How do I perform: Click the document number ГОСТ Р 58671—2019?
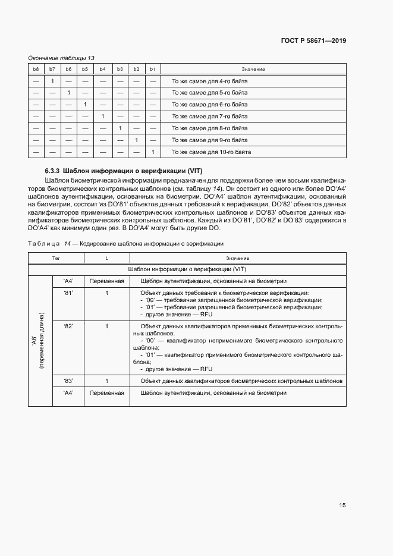pos(313,41)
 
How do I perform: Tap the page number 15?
pos(342,505)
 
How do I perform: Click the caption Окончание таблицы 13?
pos(62,58)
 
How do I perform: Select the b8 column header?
pos(36,70)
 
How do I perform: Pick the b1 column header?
pos(153,70)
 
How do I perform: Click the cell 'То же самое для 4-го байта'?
pos(209,81)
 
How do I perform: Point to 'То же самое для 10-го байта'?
pos(211,152)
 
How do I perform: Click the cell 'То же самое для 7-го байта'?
pos(209,117)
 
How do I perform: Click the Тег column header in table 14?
pos(56,258)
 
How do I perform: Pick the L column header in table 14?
pos(106,258)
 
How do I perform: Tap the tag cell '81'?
pos(68,293)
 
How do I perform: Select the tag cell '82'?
pos(68,326)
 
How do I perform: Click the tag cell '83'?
pos(68,381)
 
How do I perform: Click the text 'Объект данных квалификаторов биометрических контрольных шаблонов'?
pos(241,381)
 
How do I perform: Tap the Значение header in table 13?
pos(253,70)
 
